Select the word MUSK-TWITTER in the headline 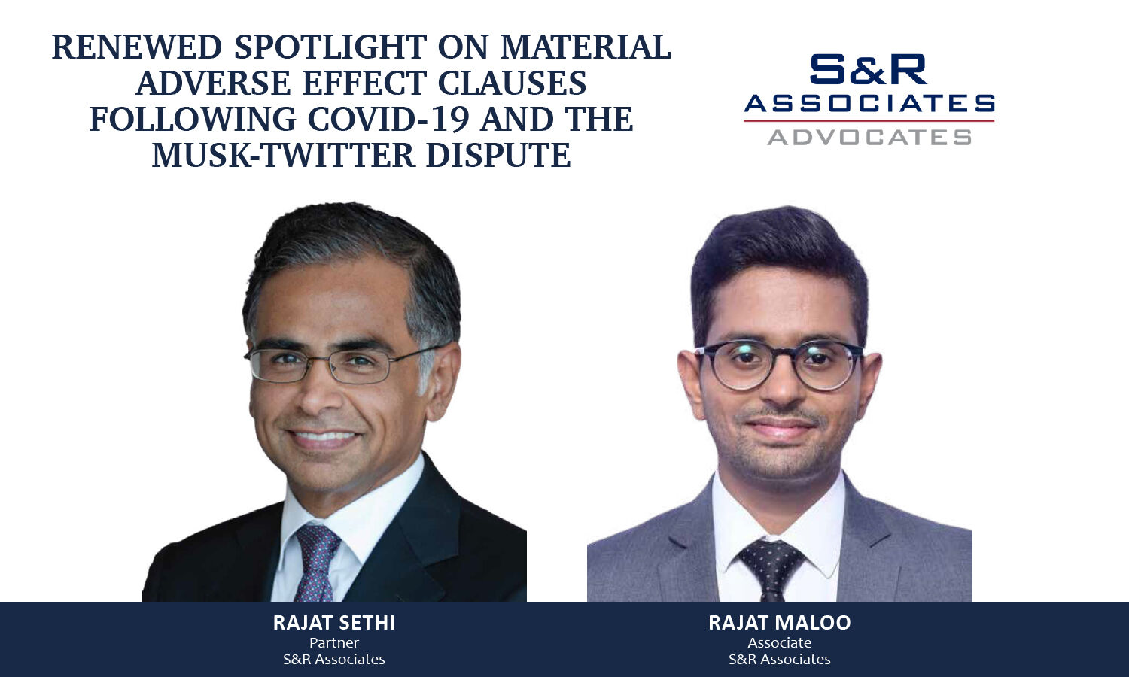click(283, 156)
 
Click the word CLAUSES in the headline click(512, 83)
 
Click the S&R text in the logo click(869, 70)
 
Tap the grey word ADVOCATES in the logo click(869, 138)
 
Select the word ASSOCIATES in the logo click(869, 103)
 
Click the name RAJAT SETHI click(334, 623)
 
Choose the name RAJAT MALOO click(780, 623)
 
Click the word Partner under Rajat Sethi click(334, 643)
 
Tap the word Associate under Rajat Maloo click(780, 643)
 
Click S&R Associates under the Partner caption click(334, 660)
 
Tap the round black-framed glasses click(779, 365)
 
